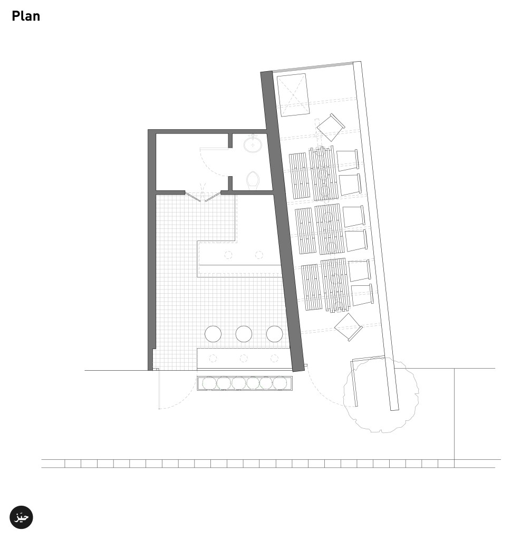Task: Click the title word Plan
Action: tap(26, 16)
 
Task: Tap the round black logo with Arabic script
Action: tap(22, 517)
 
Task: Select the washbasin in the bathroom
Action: tap(254, 143)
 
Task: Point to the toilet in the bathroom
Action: tap(253, 180)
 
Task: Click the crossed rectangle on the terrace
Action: tap(292, 95)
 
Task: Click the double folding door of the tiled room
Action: tap(202, 197)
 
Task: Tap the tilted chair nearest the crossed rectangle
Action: tap(331, 127)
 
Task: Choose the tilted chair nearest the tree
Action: tap(349, 327)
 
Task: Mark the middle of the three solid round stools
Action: tap(244, 333)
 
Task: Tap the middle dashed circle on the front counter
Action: tap(244, 359)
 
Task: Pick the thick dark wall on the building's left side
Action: tap(152, 248)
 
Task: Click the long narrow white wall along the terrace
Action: tap(375, 232)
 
